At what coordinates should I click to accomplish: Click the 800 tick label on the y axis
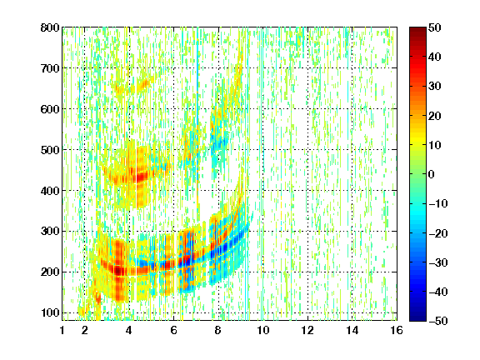[50, 27]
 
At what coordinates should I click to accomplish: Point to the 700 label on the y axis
[50, 68]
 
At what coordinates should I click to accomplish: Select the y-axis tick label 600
[50, 109]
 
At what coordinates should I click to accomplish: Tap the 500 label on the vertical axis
[50, 150]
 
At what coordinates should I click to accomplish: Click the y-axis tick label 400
[50, 191]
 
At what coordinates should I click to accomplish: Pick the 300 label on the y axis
[50, 231]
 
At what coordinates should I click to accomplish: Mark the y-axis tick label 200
[50, 272]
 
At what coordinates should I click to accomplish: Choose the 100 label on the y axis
[50, 312]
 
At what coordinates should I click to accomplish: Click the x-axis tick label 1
[62, 330]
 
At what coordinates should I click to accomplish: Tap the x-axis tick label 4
[129, 330]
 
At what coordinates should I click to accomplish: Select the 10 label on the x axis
[263, 330]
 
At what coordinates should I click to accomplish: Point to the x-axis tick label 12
[307, 330]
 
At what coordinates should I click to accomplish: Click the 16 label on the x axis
[397, 330]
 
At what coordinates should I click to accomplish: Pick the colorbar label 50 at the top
[434, 27]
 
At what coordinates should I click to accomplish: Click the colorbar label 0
[432, 174]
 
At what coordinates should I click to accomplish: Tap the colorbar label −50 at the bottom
[438, 321]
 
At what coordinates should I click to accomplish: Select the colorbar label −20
[438, 233]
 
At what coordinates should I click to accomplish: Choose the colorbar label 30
[434, 87]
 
